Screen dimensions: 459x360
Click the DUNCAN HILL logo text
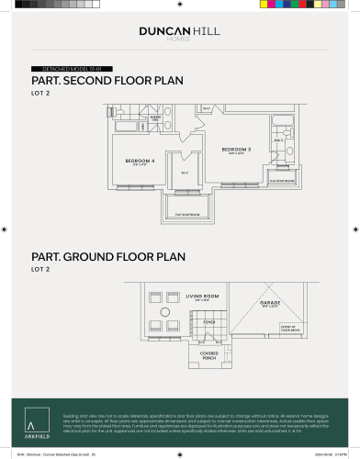coord(179,30)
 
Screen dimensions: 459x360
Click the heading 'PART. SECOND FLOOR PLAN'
coord(107,81)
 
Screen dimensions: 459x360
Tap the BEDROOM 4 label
coord(139,160)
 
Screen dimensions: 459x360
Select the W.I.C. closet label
coord(184,172)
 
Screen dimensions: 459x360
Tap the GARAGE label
coord(270,303)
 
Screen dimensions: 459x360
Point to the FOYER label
coord(209,322)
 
